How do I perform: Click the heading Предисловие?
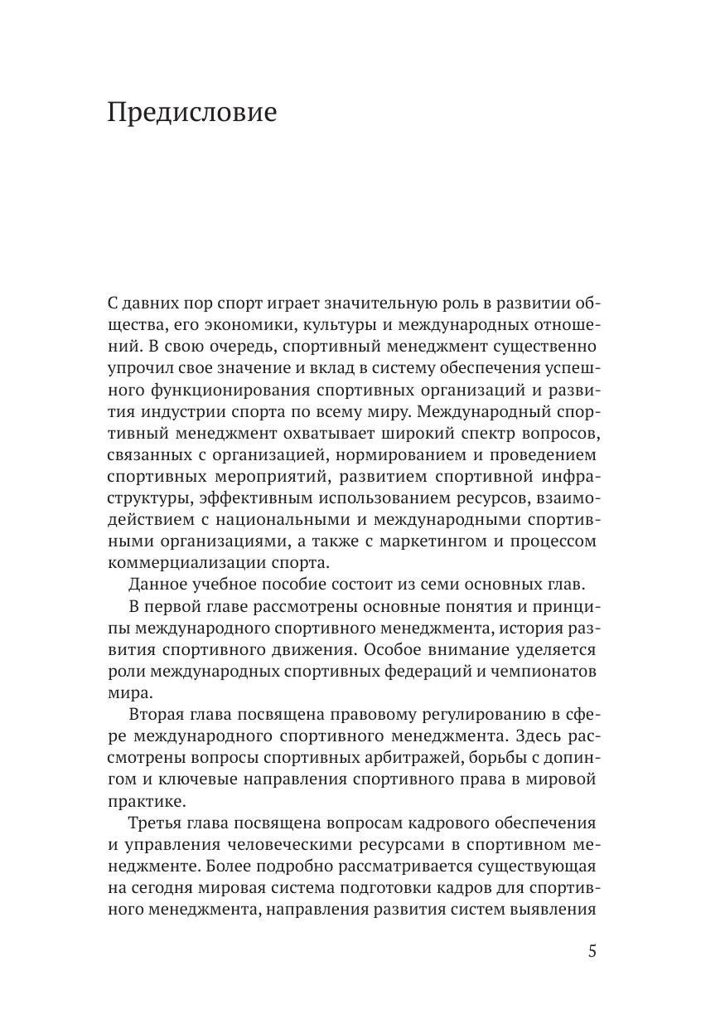[x=191, y=112]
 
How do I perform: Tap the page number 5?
[x=592, y=951]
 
